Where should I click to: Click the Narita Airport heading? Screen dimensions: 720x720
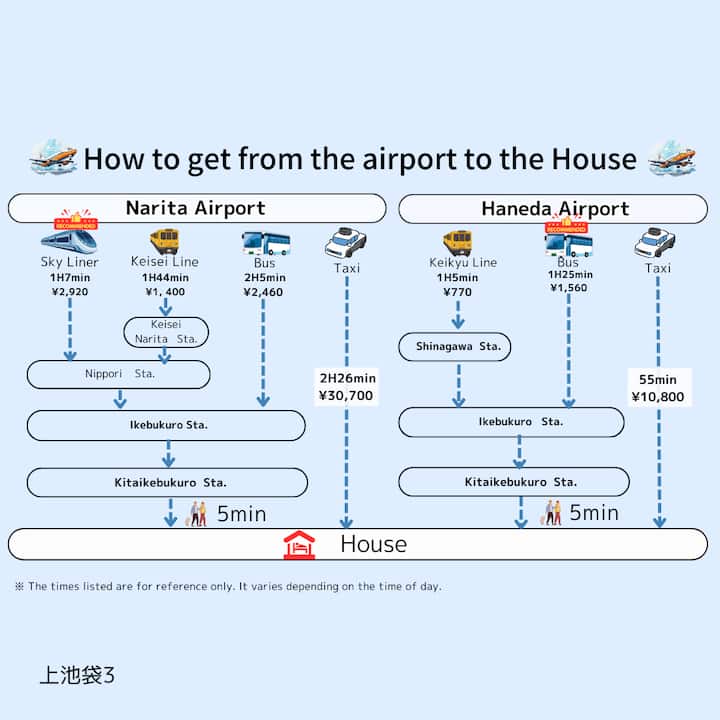coord(196,208)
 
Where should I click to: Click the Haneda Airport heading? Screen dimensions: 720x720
coord(555,208)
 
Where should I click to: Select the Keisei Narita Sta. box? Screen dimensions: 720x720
coord(166,332)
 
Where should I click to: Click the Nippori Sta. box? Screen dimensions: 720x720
coord(119,374)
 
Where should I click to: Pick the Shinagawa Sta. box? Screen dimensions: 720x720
coord(455,347)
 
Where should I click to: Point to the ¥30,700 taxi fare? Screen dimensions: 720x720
coord(345,396)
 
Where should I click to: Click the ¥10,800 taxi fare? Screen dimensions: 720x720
coord(657,397)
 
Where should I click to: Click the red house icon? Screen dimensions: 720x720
coord(298,544)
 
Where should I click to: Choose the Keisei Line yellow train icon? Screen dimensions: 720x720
coord(165,241)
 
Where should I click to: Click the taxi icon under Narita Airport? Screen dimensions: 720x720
coord(346,242)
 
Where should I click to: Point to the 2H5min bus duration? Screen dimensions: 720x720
coord(263,278)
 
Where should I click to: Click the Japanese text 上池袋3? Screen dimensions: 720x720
coord(77,675)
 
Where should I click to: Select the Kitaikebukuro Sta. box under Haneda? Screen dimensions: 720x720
coord(514,482)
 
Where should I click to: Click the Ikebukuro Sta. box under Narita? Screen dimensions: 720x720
coord(166,424)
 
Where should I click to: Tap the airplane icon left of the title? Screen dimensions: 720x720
coord(53,157)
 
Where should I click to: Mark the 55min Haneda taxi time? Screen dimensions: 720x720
coord(657,380)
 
